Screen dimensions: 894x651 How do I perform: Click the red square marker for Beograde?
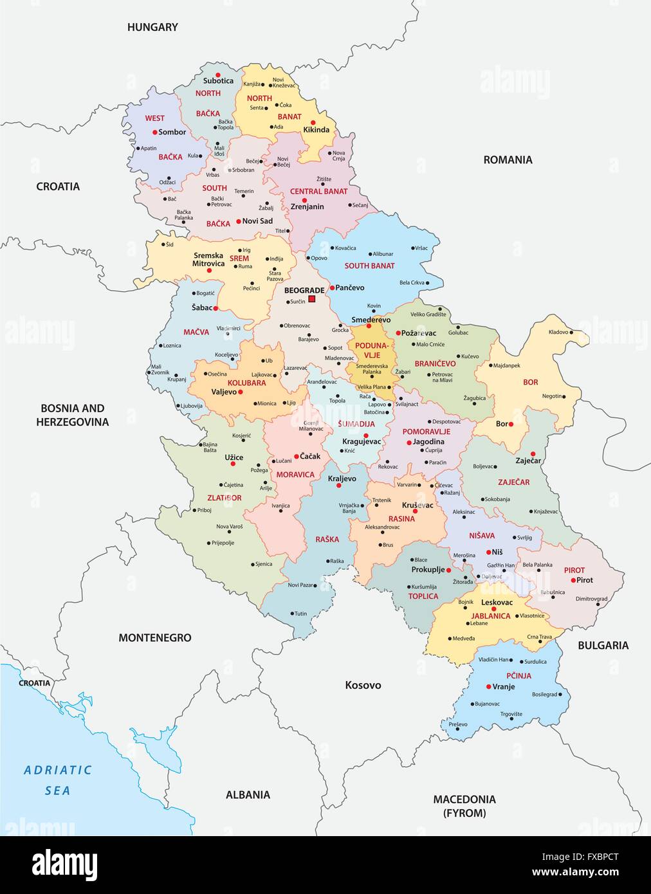(x=312, y=299)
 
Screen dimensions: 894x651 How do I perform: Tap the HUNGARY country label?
(x=152, y=27)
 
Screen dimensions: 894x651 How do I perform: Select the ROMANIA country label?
(x=508, y=160)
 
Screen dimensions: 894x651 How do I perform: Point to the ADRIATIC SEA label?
(x=58, y=780)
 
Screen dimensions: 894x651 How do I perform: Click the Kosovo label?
(x=363, y=685)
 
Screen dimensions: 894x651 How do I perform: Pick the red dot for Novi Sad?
(x=238, y=221)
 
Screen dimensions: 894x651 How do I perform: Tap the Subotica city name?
(x=218, y=81)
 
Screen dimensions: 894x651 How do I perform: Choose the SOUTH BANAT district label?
(x=369, y=266)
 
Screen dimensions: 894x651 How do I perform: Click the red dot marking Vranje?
(x=489, y=687)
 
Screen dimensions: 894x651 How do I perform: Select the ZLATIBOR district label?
(x=224, y=498)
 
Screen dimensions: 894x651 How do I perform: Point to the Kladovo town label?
(x=558, y=332)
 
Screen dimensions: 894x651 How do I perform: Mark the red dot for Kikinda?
(x=313, y=122)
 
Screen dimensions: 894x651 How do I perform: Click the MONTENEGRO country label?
(x=154, y=637)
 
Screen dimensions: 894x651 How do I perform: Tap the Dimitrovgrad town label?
(x=591, y=599)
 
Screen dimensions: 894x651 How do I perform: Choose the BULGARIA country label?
(x=603, y=645)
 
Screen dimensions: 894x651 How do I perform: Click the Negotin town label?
(x=552, y=396)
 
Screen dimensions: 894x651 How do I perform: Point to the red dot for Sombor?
(x=155, y=132)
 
